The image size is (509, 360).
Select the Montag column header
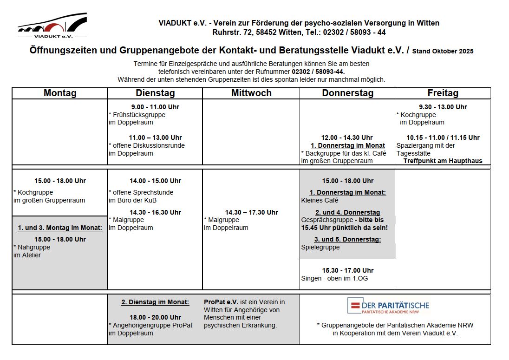click(60, 93)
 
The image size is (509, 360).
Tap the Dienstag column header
click(155, 93)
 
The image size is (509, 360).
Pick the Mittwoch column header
click(251, 93)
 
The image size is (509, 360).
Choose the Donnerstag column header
click(347, 93)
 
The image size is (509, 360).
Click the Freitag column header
click(443, 93)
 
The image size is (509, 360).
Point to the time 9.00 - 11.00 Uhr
click(155, 107)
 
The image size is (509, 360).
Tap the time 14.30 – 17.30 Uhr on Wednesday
click(251, 212)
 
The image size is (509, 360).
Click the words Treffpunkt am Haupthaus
click(443, 161)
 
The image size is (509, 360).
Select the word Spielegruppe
click(320, 248)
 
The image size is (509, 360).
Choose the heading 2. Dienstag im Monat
click(155, 302)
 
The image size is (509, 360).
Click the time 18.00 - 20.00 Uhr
click(155, 317)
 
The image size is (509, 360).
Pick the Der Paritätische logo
click(388, 306)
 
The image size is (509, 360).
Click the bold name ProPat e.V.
click(221, 302)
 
